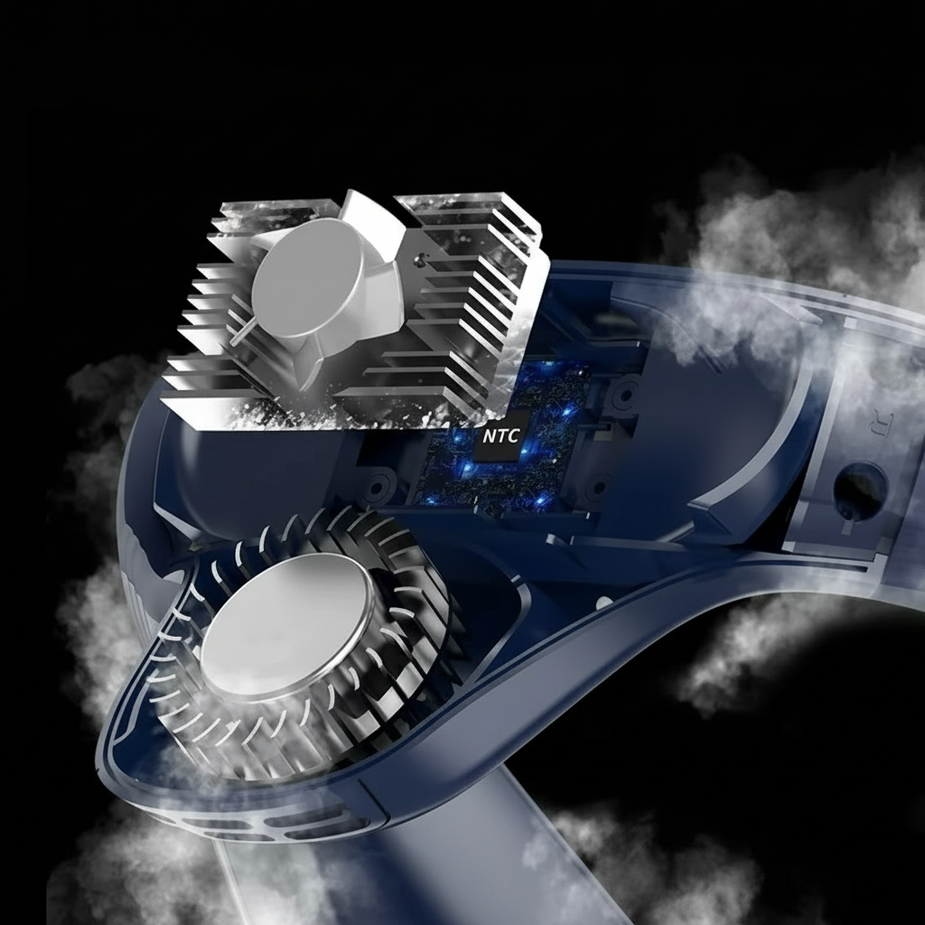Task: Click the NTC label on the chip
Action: tap(500, 436)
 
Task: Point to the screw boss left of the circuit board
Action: tap(374, 488)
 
